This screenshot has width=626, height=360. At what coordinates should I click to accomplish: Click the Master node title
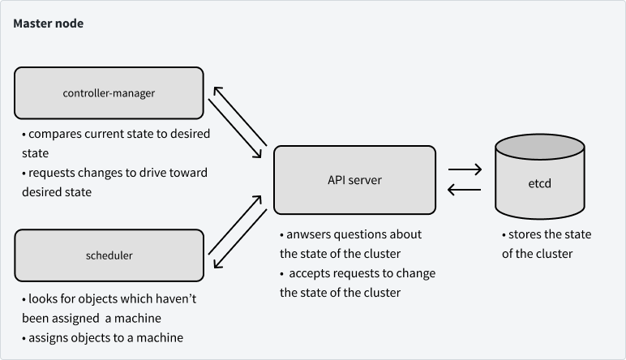48,24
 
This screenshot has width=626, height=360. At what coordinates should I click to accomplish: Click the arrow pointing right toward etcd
465,170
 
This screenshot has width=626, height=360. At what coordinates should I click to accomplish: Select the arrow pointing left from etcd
465,191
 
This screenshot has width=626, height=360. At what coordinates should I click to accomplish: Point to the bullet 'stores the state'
547,234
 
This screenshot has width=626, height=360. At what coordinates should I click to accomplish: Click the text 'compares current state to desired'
116,133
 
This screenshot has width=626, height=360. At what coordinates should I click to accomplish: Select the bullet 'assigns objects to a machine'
102,337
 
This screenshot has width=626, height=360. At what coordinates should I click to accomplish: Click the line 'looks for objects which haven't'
109,298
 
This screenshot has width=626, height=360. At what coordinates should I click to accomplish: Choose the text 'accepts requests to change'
360,273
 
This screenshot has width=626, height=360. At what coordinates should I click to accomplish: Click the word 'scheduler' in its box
109,255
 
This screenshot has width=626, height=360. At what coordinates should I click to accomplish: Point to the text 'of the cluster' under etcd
537,254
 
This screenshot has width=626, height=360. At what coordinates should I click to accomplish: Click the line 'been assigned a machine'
92,318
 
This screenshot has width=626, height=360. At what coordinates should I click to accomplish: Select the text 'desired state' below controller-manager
56,192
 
